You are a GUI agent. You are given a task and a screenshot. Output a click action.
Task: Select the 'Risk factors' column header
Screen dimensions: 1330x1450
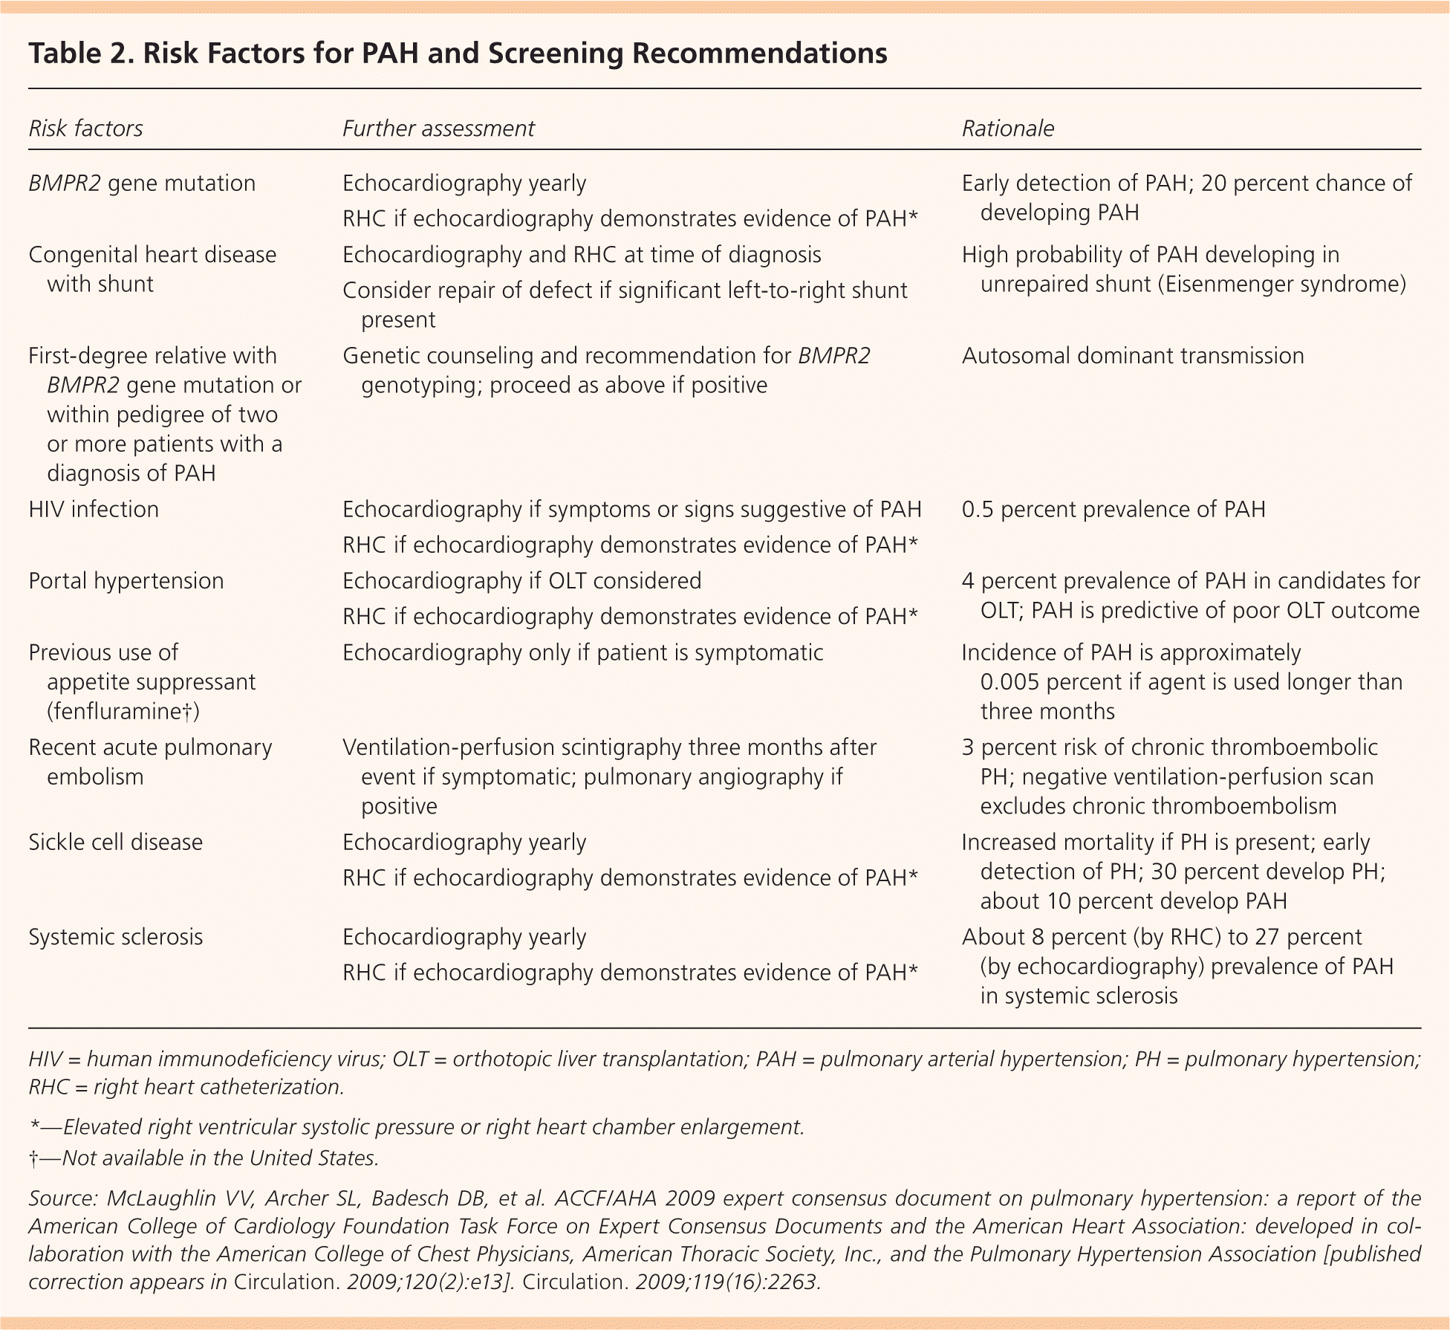click(85, 129)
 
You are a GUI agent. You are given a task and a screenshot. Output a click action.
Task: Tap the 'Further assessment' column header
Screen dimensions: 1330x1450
click(438, 129)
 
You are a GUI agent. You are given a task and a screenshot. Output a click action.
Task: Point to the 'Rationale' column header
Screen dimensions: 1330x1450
click(1008, 129)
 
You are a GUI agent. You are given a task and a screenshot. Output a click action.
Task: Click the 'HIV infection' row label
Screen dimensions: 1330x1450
click(94, 510)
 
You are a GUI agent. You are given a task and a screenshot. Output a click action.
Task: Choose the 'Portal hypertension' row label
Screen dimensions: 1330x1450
click(126, 581)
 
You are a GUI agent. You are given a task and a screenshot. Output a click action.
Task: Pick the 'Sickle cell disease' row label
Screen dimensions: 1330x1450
click(115, 843)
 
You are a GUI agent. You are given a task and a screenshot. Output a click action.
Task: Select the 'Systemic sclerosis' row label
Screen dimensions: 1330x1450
click(115, 937)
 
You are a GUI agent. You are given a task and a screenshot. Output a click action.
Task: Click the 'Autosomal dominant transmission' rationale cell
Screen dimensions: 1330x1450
click(1133, 356)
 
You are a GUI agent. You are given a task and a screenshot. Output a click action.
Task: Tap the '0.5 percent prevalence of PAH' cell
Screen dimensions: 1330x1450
click(1113, 510)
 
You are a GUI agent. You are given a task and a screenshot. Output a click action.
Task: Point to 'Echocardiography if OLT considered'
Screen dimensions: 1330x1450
click(521, 581)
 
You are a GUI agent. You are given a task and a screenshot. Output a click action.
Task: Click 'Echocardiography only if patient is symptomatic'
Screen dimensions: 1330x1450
click(582, 652)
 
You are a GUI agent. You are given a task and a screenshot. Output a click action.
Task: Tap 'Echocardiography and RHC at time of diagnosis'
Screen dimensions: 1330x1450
click(582, 255)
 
